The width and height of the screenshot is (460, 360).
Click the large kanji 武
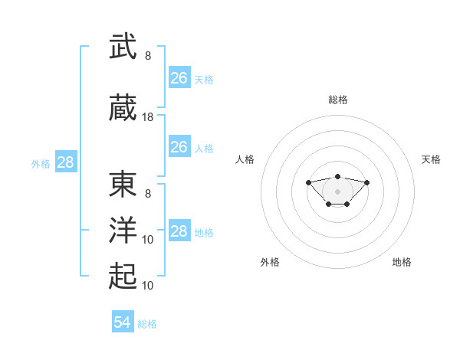123,46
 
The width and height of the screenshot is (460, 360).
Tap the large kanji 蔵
123,107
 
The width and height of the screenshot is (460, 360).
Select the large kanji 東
123,184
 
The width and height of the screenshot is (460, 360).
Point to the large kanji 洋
123,230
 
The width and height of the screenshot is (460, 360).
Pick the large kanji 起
123,276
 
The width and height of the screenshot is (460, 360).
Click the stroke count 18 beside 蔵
147,117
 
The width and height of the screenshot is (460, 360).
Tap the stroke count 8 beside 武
148,56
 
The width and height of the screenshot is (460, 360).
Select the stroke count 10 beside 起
147,286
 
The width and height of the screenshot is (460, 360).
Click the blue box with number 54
123,321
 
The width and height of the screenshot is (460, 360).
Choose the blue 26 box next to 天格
180,77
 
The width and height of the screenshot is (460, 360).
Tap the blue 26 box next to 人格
180,146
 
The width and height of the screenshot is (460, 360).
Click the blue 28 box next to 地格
180,230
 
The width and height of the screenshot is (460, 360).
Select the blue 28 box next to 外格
66,162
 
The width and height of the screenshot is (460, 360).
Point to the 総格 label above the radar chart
338,100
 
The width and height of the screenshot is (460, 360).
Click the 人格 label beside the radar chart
245,159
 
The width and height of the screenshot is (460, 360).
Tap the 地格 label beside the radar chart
402,262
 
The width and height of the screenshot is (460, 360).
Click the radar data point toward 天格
366,182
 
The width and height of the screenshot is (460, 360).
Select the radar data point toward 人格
308,182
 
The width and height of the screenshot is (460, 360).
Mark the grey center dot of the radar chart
337,191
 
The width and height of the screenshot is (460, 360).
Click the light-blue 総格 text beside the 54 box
147,324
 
